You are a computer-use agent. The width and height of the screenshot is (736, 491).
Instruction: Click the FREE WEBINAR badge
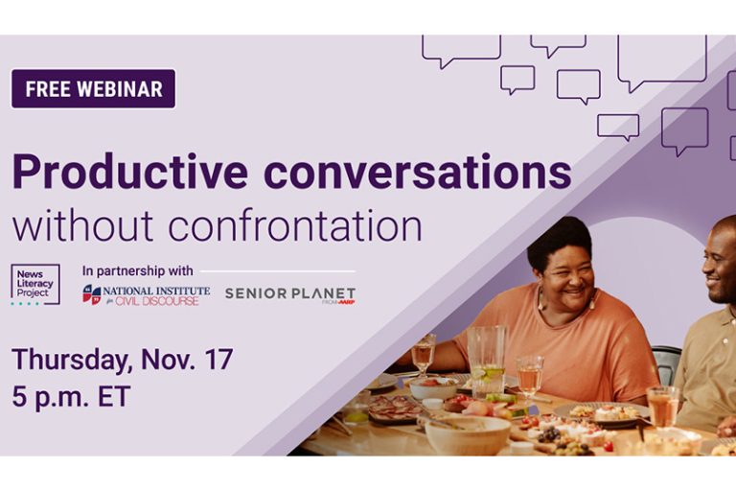tap(93, 89)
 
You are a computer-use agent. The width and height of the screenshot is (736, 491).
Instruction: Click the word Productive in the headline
tap(130, 172)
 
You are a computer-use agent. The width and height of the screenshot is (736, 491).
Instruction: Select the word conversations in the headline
tap(418, 172)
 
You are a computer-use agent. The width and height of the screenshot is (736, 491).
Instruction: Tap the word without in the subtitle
tap(82, 226)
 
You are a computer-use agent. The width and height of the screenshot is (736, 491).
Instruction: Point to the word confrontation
tap(295, 226)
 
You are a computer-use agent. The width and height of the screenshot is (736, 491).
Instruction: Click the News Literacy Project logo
tap(35, 284)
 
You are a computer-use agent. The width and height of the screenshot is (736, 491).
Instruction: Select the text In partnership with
tap(138, 271)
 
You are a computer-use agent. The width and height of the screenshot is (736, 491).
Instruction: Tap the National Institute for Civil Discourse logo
tap(147, 295)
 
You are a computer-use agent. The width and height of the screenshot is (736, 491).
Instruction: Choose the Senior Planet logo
tap(290, 295)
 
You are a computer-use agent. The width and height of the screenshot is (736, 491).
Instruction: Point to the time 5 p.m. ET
tap(71, 397)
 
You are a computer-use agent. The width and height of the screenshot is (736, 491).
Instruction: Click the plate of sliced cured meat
tap(395, 409)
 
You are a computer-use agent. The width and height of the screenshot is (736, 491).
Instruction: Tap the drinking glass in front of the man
tap(662, 407)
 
